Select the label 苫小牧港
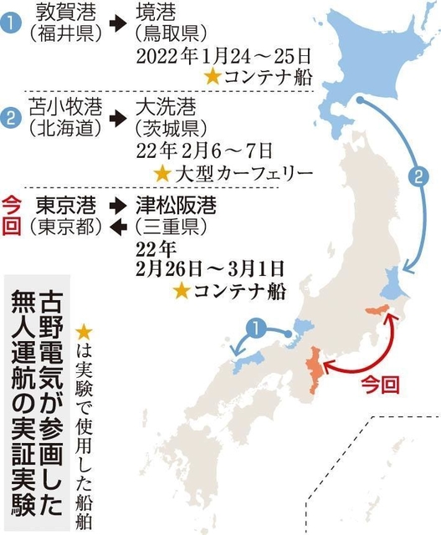[64, 110]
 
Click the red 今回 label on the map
[376, 386]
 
